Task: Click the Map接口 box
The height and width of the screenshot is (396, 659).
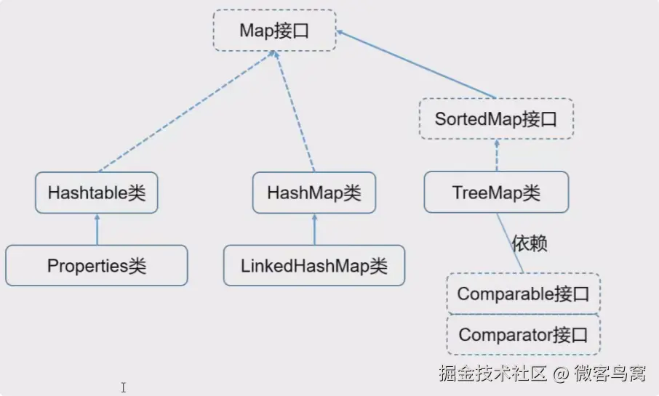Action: click(274, 31)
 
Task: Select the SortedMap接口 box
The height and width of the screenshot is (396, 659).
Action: click(496, 119)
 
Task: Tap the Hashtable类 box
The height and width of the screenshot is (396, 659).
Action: click(97, 193)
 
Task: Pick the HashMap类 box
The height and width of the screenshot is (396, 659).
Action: click(314, 193)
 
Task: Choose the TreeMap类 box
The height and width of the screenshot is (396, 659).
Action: click(496, 193)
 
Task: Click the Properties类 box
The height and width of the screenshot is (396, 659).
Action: click(97, 266)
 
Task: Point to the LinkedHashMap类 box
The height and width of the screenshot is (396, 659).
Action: click(314, 266)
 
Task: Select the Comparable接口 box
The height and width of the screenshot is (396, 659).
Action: click(523, 294)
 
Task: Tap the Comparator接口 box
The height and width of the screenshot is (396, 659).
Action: click(523, 335)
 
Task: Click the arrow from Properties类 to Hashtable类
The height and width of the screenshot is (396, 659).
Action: click(97, 230)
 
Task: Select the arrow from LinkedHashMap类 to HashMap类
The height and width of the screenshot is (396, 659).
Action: click(314, 230)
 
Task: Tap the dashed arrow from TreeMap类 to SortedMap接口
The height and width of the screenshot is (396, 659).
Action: click(497, 155)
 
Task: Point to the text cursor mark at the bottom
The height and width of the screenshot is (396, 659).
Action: click(124, 387)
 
